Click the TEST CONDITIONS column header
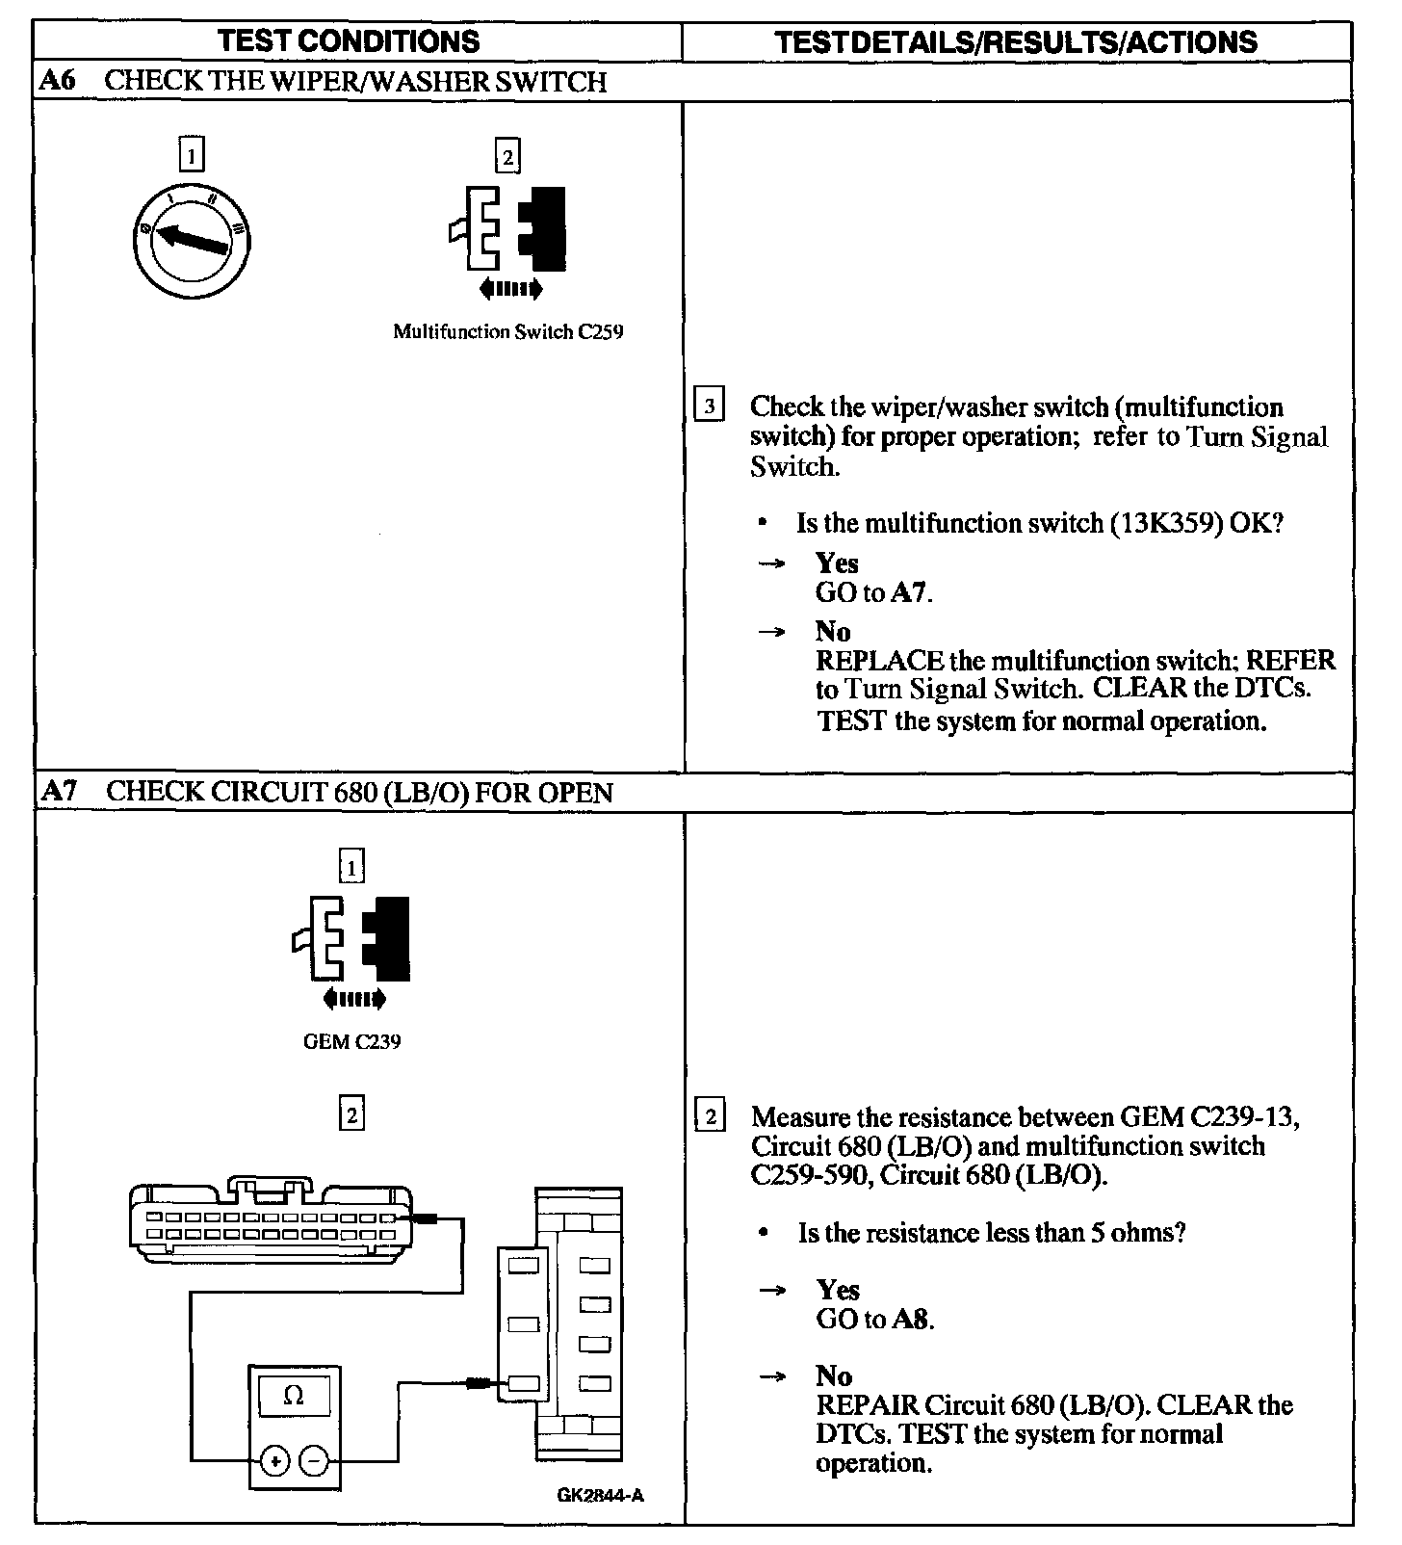(x=349, y=41)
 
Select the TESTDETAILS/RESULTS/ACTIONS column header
(x=1016, y=42)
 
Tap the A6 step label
(x=57, y=81)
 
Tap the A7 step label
(x=58, y=792)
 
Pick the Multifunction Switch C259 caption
(x=507, y=332)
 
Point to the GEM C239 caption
(x=351, y=1042)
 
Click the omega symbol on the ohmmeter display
(x=295, y=1396)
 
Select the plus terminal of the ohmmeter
(x=275, y=1461)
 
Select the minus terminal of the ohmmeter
(x=314, y=1461)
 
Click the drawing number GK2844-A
(x=600, y=1495)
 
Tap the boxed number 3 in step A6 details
(x=709, y=406)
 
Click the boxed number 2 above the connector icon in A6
(x=506, y=155)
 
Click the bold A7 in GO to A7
(x=909, y=592)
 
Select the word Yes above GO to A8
(x=838, y=1290)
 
